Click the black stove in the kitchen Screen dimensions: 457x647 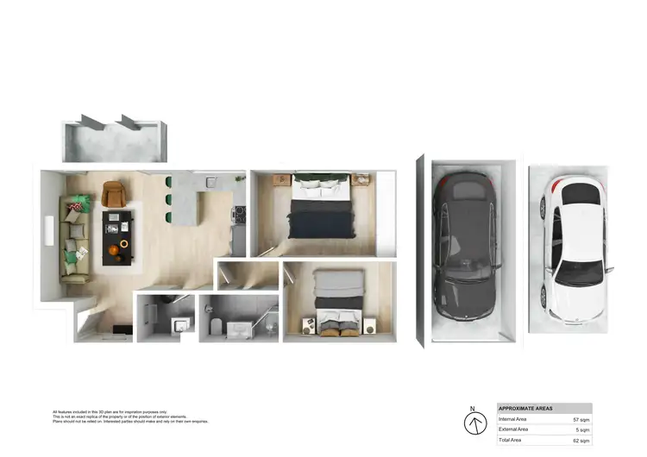[239, 216]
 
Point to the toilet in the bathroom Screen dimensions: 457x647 [216, 326]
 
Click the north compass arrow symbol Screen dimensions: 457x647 [473, 424]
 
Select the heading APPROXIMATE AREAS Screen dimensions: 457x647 [526, 408]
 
